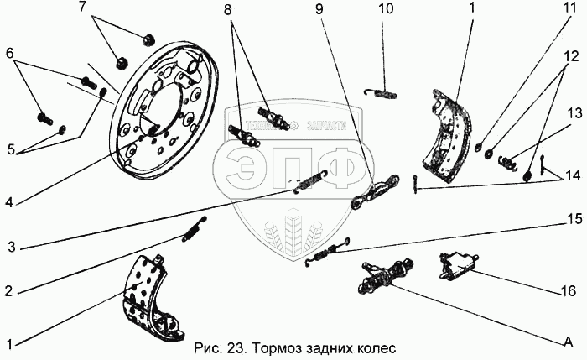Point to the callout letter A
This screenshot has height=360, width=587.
(568, 342)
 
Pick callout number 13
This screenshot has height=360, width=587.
(573, 112)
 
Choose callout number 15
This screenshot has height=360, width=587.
(573, 220)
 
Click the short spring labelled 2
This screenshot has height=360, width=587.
(194, 227)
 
